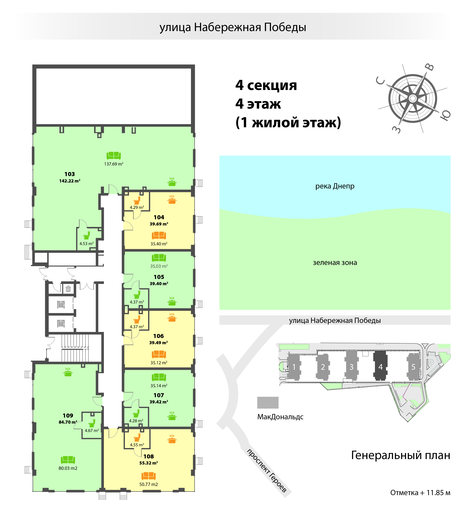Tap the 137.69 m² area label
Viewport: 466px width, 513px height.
[x=114, y=164]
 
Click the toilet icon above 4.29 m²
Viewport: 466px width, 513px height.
[x=137, y=200]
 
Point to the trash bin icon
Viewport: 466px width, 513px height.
[x=68, y=289]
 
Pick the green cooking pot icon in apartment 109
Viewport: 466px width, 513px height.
[x=68, y=372]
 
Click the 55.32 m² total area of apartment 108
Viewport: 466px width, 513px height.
[x=148, y=463]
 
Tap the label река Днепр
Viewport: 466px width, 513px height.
[x=335, y=186]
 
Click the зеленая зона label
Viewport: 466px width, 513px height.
[x=335, y=263]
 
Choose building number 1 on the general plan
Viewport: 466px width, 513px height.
[x=294, y=367]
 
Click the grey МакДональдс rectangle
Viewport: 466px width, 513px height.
[x=268, y=403]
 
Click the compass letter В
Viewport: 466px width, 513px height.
[x=430, y=67]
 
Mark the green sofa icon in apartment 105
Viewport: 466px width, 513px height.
[x=159, y=258]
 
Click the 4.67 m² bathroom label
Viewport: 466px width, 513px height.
[x=92, y=430]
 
